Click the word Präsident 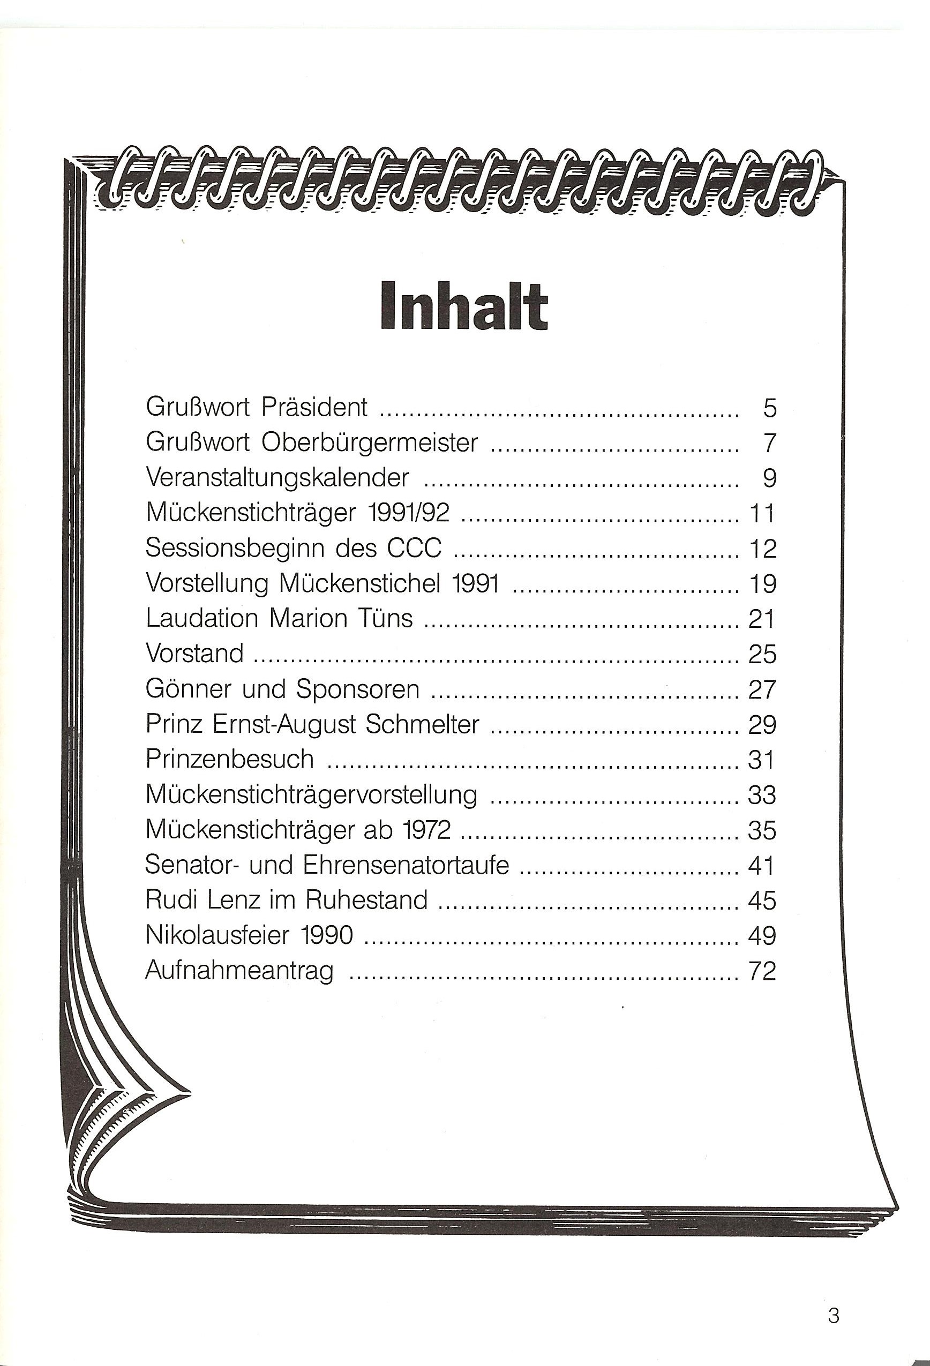(x=314, y=407)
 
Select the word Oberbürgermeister (x=369, y=442)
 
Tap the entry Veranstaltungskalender (x=277, y=477)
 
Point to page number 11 (x=762, y=514)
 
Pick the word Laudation (x=201, y=618)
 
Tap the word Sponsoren (x=357, y=689)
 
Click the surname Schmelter (x=422, y=724)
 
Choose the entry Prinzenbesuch (x=229, y=760)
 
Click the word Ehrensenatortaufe (x=406, y=865)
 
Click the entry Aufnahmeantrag (x=239, y=971)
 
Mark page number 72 (x=762, y=971)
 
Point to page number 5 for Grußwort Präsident (x=769, y=408)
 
